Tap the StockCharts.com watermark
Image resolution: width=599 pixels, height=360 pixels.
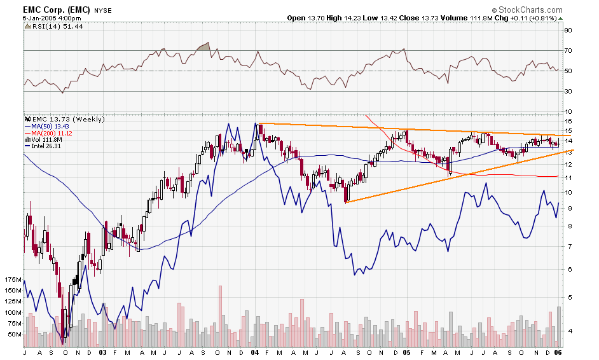tap(527, 10)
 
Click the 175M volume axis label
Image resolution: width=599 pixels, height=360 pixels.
tap(13, 280)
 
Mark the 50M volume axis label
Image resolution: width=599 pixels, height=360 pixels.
tap(15, 334)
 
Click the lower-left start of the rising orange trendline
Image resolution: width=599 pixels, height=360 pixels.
tap(345, 202)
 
